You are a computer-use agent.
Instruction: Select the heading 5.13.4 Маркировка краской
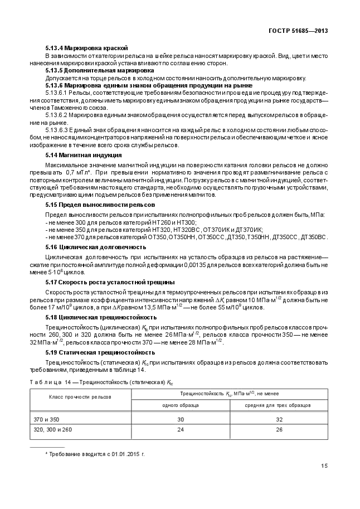click(x=86, y=49)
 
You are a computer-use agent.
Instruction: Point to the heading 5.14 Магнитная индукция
click(x=84, y=154)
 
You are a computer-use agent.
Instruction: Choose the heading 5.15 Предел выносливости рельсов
click(x=96, y=205)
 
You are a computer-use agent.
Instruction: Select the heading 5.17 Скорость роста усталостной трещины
click(x=110, y=282)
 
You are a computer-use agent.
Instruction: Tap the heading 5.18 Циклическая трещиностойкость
click(x=101, y=317)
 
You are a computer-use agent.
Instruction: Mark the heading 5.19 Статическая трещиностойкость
click(x=100, y=352)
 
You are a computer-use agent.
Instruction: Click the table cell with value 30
click(x=181, y=419)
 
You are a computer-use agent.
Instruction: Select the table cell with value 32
click(x=278, y=419)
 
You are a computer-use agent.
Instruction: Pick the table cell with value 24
click(x=181, y=430)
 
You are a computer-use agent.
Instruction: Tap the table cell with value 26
click(x=278, y=430)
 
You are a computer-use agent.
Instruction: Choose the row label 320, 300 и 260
click(x=54, y=430)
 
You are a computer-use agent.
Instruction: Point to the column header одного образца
click(x=181, y=405)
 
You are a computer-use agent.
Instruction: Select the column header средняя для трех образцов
click(x=278, y=405)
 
